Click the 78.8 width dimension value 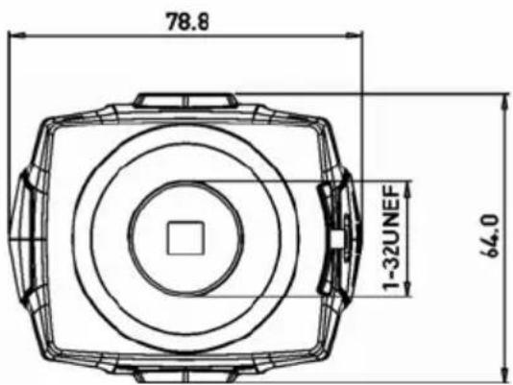coord(187,22)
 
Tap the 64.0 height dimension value coord(490,236)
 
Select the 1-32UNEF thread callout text coord(391,238)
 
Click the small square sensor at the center coord(185,238)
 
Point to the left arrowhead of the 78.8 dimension coord(16,35)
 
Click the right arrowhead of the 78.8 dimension coord(354,35)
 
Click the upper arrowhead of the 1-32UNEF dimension coord(407,189)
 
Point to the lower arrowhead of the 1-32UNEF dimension coord(407,288)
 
